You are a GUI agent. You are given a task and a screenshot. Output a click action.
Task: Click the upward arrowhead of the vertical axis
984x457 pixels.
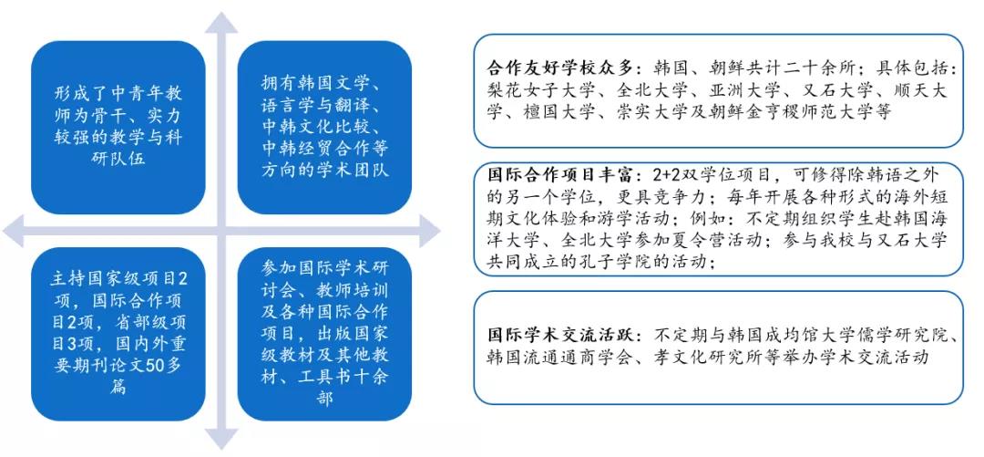[220, 23]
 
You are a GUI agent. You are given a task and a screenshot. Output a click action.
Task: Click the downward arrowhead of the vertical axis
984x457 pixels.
[220, 439]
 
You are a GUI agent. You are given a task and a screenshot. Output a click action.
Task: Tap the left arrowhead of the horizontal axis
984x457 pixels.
[13, 231]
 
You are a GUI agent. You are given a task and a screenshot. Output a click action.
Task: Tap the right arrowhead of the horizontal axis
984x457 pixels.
[429, 231]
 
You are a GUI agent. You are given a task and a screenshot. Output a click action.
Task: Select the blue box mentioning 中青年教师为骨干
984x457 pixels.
[118, 128]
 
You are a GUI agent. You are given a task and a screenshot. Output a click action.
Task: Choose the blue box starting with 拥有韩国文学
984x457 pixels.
[324, 128]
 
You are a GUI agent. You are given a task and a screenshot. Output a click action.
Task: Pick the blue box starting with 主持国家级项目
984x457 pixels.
[118, 334]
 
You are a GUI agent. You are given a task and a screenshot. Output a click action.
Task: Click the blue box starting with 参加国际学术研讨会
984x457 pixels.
[324, 334]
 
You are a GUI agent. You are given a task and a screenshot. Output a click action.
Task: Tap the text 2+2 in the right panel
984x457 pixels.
[662, 174]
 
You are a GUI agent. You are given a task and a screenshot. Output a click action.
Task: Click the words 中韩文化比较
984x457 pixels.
[316, 127]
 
